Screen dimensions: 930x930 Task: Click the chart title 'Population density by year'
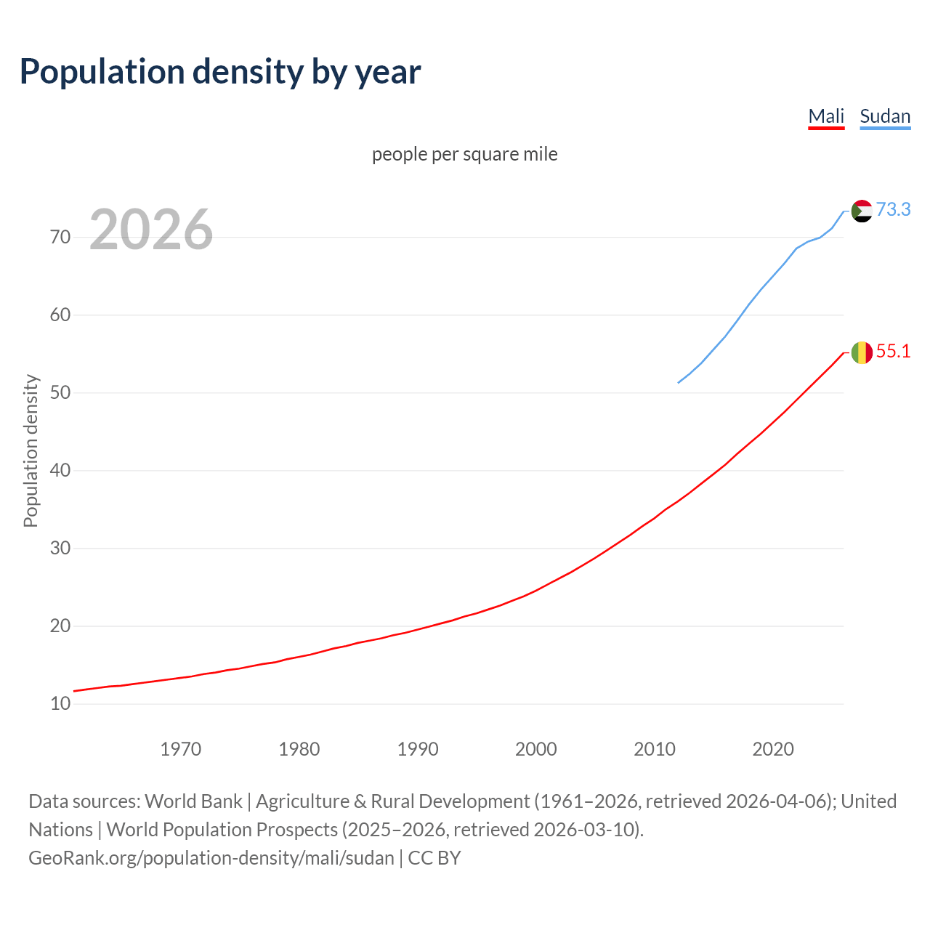coord(220,72)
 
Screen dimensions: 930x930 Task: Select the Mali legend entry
coord(826,116)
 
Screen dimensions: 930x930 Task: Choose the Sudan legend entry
coord(885,116)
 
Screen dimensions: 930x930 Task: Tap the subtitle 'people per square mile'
coord(465,154)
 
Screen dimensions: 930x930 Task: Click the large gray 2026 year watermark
coord(151,230)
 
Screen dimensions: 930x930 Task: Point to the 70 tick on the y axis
coord(60,238)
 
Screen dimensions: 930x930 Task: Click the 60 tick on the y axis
coord(60,315)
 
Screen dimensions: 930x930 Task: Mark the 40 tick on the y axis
coord(60,471)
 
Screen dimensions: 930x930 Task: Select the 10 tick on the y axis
coord(60,704)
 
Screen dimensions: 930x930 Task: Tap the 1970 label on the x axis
coord(181,749)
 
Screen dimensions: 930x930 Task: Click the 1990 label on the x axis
coord(418,749)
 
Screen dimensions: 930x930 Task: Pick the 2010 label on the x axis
coord(655,749)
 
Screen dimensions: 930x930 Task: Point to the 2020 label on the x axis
coord(773,749)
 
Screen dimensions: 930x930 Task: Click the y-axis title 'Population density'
coord(31,450)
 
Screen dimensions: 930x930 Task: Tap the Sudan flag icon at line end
coord(862,211)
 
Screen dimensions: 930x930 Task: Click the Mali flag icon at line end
coord(862,352)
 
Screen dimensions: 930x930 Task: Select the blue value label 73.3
coord(893,209)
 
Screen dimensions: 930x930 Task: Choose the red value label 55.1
coord(893,352)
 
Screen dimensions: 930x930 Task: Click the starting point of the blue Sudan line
coord(679,382)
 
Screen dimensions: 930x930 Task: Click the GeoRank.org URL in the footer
coord(211,858)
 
